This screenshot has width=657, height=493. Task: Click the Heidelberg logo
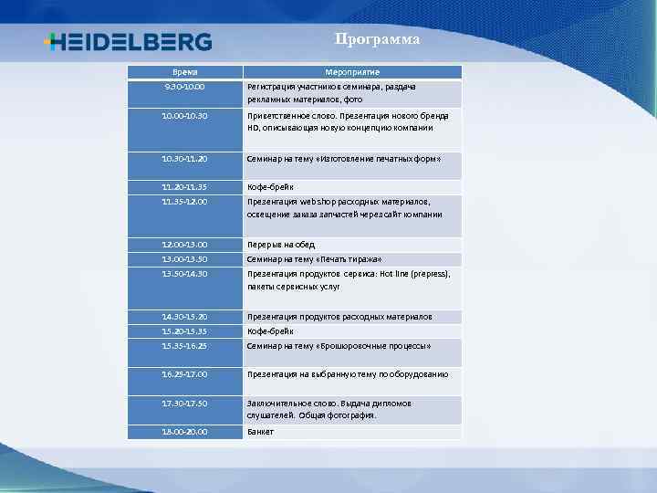[x=128, y=42]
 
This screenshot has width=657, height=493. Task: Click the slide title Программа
[x=377, y=39]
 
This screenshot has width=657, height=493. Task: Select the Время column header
[x=185, y=72]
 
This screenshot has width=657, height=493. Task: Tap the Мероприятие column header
[x=352, y=72]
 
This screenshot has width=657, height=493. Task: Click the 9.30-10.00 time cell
[x=185, y=87]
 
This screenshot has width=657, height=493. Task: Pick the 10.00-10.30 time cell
[x=185, y=117]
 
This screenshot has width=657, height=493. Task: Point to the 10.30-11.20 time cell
[x=185, y=159]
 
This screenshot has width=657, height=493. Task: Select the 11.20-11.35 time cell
[x=185, y=187]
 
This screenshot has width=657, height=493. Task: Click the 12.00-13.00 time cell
[x=185, y=245]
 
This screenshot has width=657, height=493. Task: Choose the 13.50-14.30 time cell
[x=185, y=274]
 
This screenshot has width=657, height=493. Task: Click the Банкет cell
[x=260, y=432]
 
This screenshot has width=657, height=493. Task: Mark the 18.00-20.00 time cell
[x=185, y=432]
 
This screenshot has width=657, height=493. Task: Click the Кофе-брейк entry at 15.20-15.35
[x=270, y=331]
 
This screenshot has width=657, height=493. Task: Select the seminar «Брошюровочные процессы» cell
[x=339, y=346]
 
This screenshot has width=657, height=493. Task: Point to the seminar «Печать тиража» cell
[x=314, y=259]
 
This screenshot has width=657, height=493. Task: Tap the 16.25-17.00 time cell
[x=185, y=374]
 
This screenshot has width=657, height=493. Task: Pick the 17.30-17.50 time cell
[x=185, y=403]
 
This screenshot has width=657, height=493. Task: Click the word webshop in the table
[x=316, y=202]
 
